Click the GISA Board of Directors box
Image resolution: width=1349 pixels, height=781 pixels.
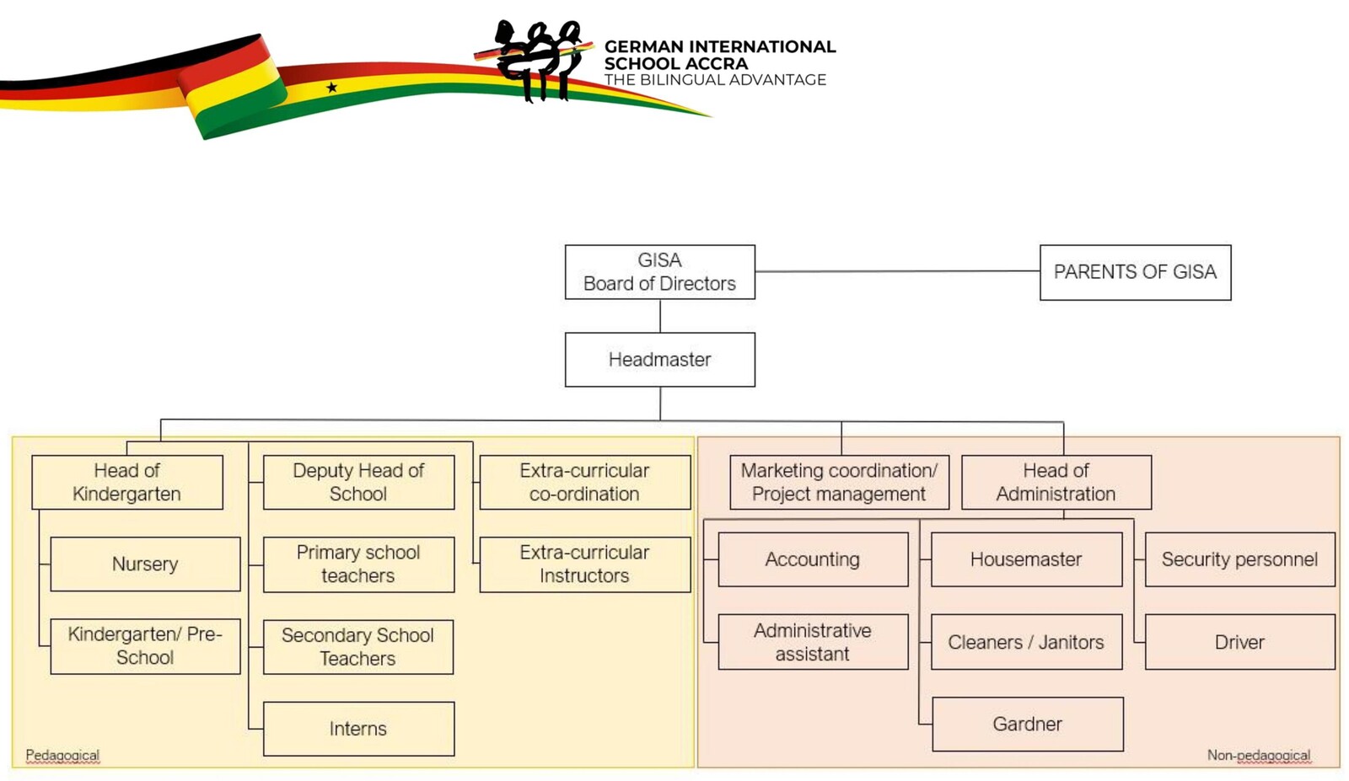pos(659,272)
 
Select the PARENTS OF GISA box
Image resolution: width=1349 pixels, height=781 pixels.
pos(1135,272)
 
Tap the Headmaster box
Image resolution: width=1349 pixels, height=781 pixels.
pos(659,360)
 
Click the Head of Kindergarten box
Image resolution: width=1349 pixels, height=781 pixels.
pos(127,482)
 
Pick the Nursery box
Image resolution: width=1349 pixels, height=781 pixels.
pos(145,564)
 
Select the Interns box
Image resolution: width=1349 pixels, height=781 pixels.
pos(358,729)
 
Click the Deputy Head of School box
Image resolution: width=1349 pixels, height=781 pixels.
pos(358,482)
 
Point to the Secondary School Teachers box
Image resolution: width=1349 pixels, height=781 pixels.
pos(357,647)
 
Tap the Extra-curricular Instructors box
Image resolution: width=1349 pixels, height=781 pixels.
pos(584,564)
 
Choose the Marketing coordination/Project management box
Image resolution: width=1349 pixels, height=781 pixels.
pos(839,482)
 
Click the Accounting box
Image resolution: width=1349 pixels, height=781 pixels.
pos(813,559)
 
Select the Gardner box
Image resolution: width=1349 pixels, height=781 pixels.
pos(1027,724)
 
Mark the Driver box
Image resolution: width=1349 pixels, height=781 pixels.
pos(1239,642)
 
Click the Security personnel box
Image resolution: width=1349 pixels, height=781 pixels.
pos(1239,559)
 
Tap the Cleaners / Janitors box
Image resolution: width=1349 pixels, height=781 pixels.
pos(1026,642)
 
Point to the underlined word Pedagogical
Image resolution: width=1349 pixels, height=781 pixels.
pos(62,755)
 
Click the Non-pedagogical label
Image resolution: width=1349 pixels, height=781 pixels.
pos(1258,755)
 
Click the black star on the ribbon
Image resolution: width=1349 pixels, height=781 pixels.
pos(332,87)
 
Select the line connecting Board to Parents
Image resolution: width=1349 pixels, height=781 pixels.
pos(897,271)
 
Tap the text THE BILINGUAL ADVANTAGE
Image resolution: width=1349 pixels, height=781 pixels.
pos(715,80)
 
